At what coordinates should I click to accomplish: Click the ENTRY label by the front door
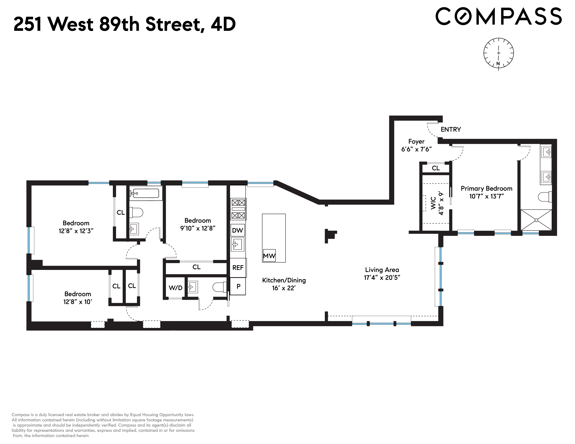point(451,129)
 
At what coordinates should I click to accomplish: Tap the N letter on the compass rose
point(498,63)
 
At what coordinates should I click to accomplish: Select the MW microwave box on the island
point(269,255)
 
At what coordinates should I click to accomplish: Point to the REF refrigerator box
point(238,267)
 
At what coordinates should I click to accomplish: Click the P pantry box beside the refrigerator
point(238,286)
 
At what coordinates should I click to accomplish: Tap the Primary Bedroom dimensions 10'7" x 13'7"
point(486,196)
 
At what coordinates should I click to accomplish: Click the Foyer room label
point(416,142)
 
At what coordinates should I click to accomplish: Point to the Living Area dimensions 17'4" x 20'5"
point(382,278)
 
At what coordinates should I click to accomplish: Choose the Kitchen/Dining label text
point(284,280)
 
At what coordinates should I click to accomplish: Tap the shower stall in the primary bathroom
point(536,220)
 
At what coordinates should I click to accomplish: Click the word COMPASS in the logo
point(498,16)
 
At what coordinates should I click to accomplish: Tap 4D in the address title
point(223,24)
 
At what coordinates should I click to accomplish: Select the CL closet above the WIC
point(436,168)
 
